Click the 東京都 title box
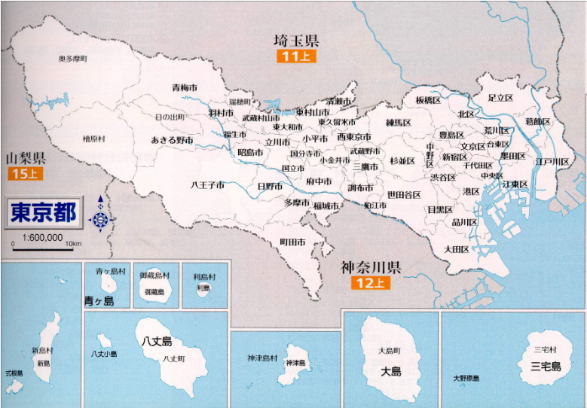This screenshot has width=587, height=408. (44, 212)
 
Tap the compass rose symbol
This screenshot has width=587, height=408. (101, 219)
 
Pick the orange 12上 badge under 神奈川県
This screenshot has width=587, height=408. (369, 283)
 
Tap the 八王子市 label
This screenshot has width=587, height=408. (207, 184)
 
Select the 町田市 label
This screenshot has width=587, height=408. (292, 242)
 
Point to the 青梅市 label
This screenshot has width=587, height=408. (184, 88)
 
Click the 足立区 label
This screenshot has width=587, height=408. (500, 98)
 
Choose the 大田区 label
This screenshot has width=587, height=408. (456, 249)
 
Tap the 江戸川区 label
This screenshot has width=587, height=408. (552, 162)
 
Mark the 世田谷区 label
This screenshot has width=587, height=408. (404, 194)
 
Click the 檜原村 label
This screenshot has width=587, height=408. (94, 139)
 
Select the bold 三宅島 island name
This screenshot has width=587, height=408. (545, 366)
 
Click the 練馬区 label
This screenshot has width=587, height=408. (398, 122)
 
